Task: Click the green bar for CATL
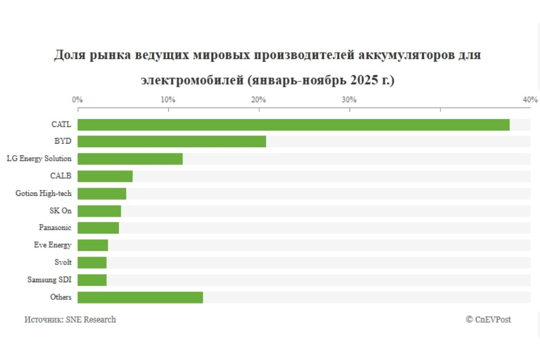coord(293,125)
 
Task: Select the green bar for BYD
coord(171,141)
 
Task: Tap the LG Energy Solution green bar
coord(130,159)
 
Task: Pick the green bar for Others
coord(140,297)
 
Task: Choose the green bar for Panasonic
coord(98,228)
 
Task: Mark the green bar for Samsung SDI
coord(92,280)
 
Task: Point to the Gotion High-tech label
coord(43,193)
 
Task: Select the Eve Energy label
coord(52,245)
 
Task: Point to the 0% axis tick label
coord(77,99)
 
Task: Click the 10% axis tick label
coord(168,99)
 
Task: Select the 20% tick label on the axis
coord(258,99)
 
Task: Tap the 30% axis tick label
coord(349,99)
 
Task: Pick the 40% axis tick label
coord(530,99)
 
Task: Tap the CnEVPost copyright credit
coord(488,319)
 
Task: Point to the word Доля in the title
coord(71,55)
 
